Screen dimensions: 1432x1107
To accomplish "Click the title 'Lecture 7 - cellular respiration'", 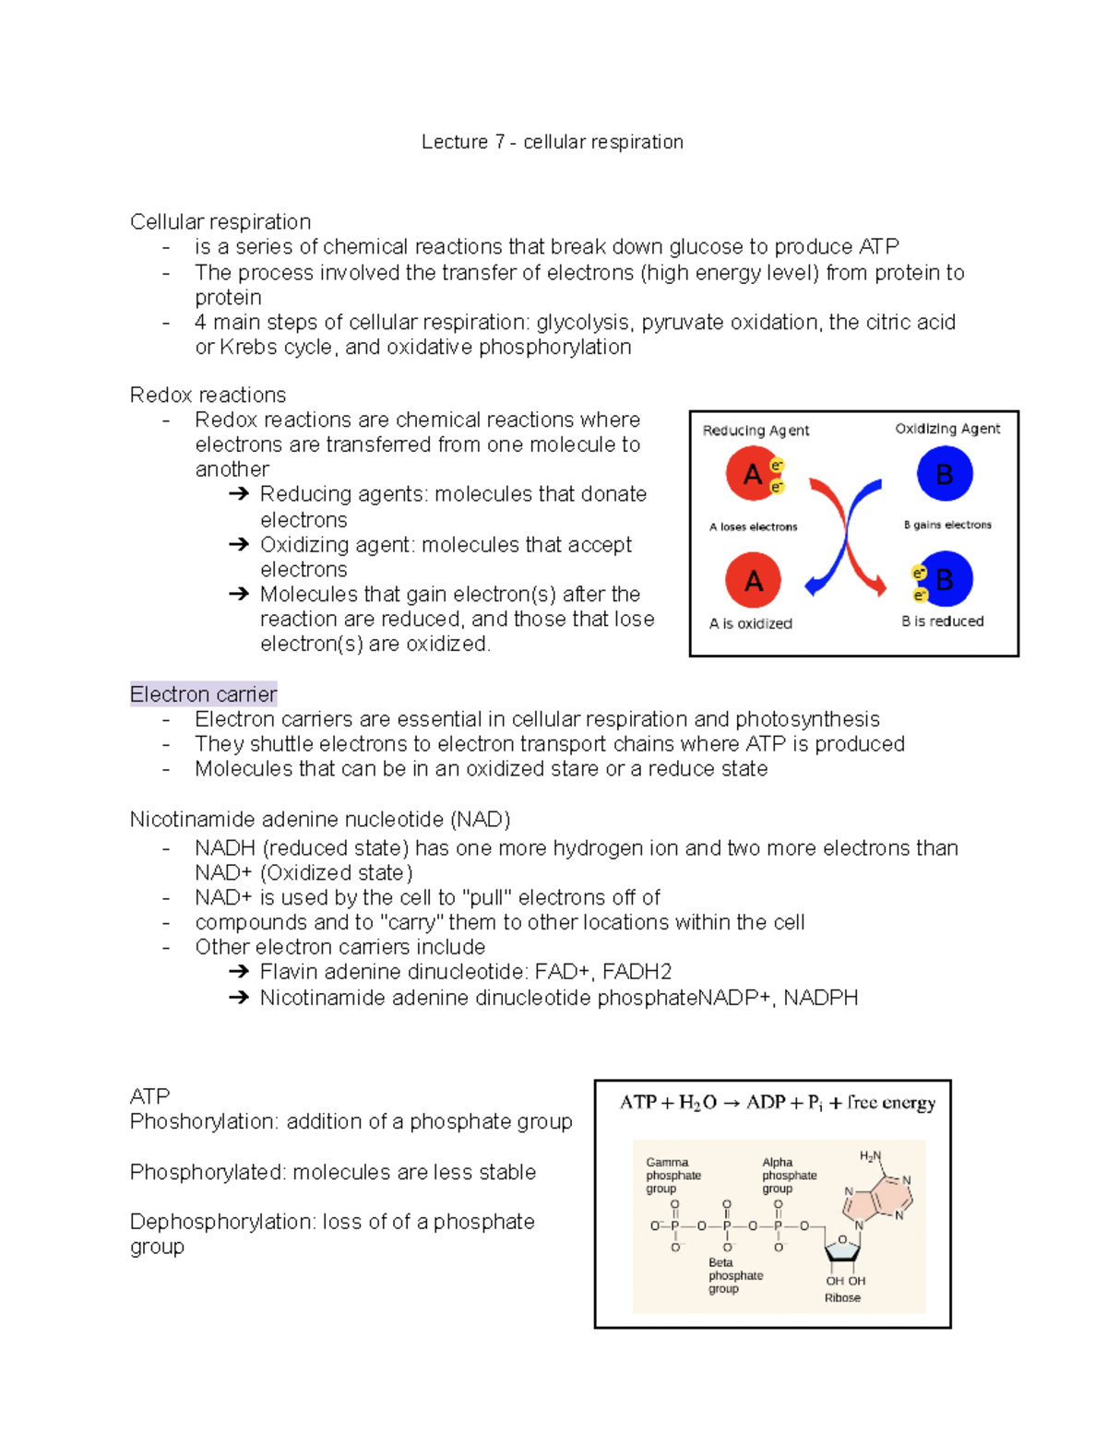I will pos(552,142).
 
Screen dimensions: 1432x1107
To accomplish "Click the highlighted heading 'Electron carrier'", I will pos(203,694).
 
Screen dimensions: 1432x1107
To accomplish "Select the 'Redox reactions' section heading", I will pos(208,395).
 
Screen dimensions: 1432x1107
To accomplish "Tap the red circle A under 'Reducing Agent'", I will pos(753,474).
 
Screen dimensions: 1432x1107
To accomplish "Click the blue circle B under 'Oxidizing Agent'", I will pos(945,474).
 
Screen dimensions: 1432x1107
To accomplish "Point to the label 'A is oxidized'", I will pos(750,623).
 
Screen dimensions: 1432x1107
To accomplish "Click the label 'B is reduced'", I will pos(942,621).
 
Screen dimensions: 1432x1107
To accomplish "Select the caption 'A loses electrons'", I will pos(753,527).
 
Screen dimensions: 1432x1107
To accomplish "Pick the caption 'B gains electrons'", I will pos(947,525).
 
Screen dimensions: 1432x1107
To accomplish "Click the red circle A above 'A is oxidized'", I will pos(753,580).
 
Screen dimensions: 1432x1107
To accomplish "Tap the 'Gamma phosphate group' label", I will pos(673,1176).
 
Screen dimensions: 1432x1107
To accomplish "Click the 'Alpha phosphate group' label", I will pos(789,1176).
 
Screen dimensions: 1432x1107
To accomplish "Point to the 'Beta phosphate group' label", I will pos(735,1276).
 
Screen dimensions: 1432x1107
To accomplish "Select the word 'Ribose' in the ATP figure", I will pos(842,1297).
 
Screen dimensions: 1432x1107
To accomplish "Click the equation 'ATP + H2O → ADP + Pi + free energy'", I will pos(777,1103).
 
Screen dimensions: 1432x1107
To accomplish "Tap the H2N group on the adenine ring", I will pos(870,1156).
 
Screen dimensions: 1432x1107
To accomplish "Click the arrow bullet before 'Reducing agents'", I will pos(239,494).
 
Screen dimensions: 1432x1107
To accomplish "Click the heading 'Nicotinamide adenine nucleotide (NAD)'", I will pos(320,820).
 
